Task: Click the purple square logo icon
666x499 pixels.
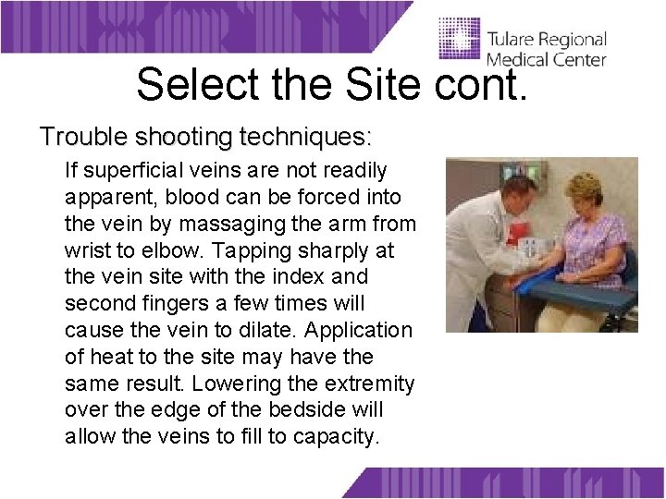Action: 459,40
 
